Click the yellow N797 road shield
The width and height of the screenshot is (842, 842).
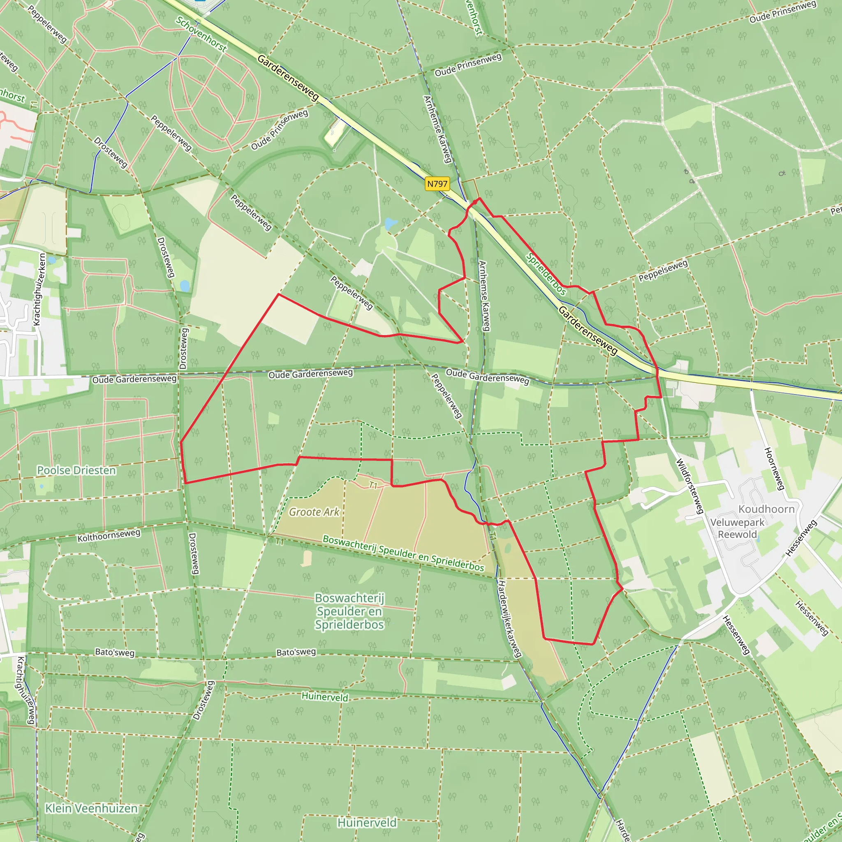(x=437, y=184)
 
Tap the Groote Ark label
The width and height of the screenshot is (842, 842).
(x=314, y=512)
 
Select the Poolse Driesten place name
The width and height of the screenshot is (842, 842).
(x=76, y=470)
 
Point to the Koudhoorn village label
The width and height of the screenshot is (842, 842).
(x=766, y=509)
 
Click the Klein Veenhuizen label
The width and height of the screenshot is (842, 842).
(x=92, y=808)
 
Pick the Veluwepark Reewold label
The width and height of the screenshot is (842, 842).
(x=737, y=528)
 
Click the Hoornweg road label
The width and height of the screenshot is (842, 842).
(x=774, y=469)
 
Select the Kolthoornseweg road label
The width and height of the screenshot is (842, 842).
(x=109, y=535)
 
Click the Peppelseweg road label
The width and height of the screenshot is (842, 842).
(x=663, y=271)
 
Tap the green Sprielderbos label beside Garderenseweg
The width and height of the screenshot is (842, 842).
(x=546, y=274)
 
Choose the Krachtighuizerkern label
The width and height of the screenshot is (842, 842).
(x=39, y=289)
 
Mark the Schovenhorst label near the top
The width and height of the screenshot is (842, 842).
(x=201, y=34)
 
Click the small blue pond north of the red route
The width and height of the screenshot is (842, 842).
(x=391, y=224)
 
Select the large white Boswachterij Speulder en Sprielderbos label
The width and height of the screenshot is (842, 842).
(x=349, y=611)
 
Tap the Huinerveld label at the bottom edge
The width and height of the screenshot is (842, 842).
(x=367, y=822)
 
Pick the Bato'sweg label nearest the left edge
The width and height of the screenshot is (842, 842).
(x=115, y=652)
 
